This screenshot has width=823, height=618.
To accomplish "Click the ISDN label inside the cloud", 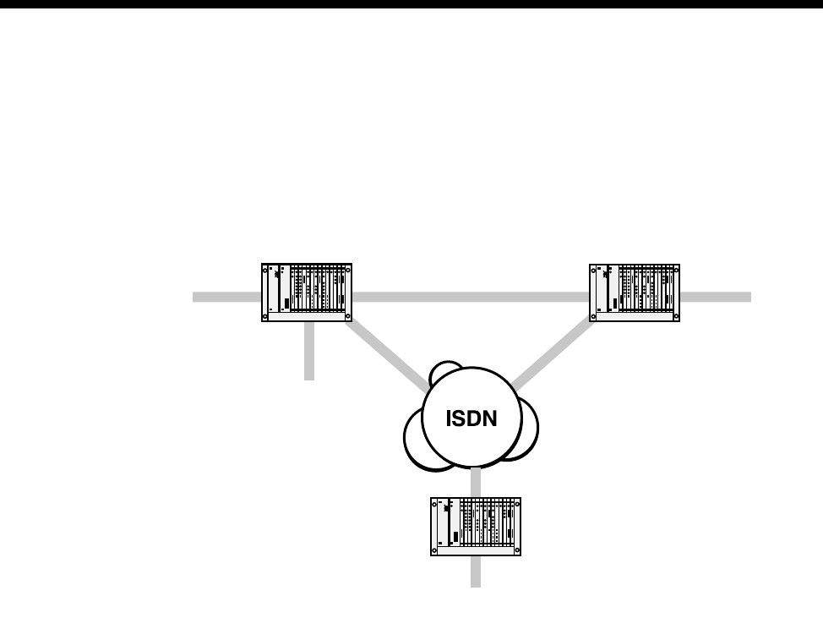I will click(x=471, y=418).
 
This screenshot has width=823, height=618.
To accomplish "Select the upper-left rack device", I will click(x=306, y=293).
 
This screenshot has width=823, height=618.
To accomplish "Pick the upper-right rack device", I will click(x=634, y=293).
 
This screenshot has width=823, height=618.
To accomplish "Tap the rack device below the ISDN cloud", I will click(x=476, y=526).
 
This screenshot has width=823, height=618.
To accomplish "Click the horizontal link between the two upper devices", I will click(x=470, y=297).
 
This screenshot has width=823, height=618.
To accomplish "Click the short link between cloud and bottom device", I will click(x=476, y=483).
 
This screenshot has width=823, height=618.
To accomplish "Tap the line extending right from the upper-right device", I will click(x=715, y=297).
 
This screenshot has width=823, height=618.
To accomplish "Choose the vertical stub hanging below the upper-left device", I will click(x=309, y=351).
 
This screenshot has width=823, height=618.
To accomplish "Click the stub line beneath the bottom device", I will click(x=476, y=572).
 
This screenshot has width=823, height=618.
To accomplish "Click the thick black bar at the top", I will click(x=411, y=4).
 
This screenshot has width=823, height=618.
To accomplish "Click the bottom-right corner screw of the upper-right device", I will click(x=676, y=317).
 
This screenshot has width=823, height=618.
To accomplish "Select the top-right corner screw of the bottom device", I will click(x=517, y=502).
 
